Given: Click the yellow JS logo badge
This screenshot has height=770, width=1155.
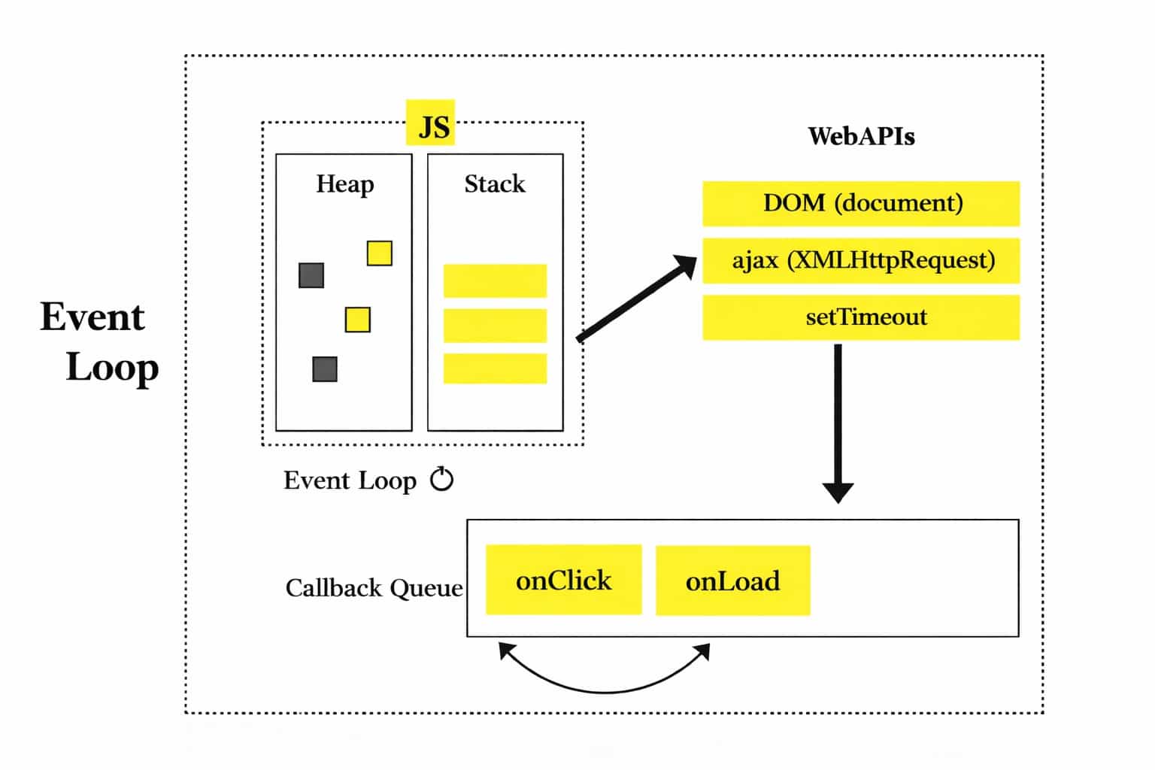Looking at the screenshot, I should pyautogui.click(x=431, y=123).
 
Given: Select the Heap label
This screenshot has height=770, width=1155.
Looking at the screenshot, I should pyautogui.click(x=344, y=183).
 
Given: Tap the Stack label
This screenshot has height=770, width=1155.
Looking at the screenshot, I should pyautogui.click(x=494, y=183).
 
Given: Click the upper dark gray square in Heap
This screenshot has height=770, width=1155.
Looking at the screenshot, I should pyautogui.click(x=311, y=275).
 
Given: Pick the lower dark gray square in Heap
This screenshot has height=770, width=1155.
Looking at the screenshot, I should pyautogui.click(x=325, y=369).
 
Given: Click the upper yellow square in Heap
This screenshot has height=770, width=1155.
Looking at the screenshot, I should pyautogui.click(x=379, y=253).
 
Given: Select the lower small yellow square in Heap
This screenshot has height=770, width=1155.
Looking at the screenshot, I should pyautogui.click(x=357, y=320).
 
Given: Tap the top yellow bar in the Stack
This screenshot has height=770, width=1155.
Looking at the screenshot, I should pyautogui.click(x=495, y=280).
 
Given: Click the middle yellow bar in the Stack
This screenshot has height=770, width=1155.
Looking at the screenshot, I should pyautogui.click(x=495, y=326).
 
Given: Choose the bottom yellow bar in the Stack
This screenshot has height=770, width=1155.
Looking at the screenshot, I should pyautogui.click(x=495, y=369).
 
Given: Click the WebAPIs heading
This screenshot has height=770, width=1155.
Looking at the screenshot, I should pyautogui.click(x=861, y=136).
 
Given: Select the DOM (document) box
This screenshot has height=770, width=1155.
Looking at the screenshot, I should pyautogui.click(x=861, y=203).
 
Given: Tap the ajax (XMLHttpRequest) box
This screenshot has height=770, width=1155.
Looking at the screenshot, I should pyautogui.click(x=861, y=260).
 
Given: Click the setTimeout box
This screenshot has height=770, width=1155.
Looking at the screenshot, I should pyautogui.click(x=861, y=317).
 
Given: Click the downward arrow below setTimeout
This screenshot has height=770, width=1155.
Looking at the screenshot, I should pyautogui.click(x=838, y=421).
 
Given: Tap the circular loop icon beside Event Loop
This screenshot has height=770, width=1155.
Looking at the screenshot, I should pyautogui.click(x=442, y=479).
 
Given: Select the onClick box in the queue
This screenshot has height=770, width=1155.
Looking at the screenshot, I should pyautogui.click(x=563, y=580).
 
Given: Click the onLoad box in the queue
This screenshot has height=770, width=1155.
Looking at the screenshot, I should pyautogui.click(x=732, y=581).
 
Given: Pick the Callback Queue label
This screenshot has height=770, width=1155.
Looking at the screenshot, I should pyautogui.click(x=374, y=587).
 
